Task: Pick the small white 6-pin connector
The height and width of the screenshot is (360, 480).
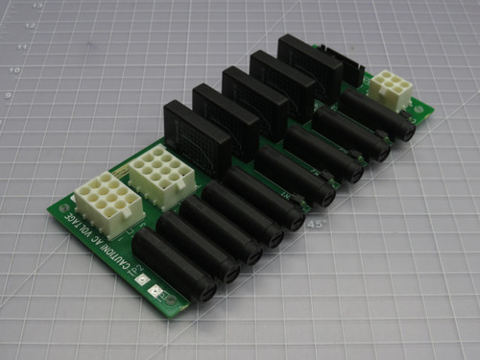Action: [x=389, y=90]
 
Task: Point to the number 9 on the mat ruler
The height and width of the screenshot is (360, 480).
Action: [x=8, y=97]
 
